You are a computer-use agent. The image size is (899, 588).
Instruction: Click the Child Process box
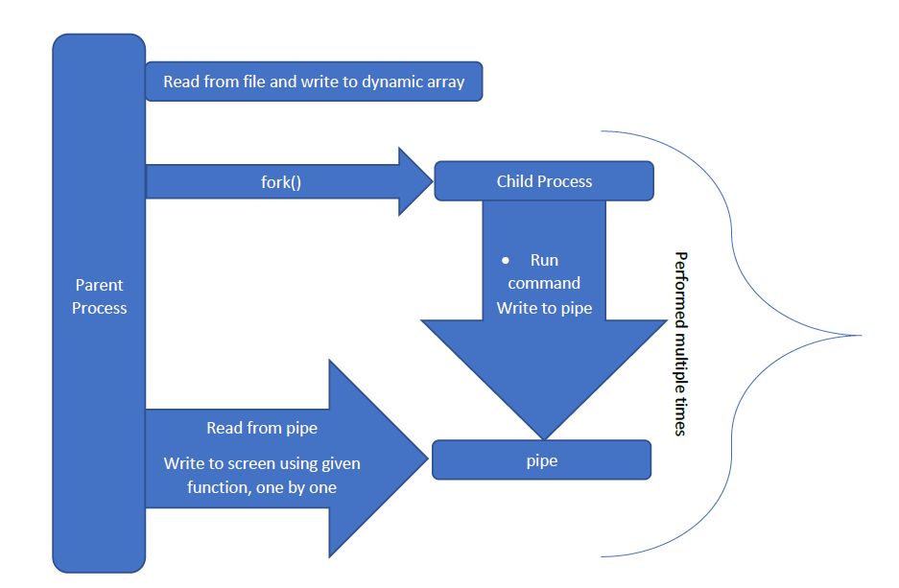[x=544, y=181]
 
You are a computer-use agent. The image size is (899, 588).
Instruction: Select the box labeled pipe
[x=542, y=460]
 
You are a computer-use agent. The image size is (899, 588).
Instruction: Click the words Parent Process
[x=100, y=296]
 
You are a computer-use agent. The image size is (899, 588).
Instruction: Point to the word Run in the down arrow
[x=544, y=260]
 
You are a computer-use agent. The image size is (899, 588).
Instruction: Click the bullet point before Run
[x=506, y=261]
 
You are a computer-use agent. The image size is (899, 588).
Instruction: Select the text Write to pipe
[x=544, y=308]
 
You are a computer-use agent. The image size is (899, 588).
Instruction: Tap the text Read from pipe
[x=262, y=428]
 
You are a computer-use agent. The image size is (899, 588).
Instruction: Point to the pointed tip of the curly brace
[x=860, y=336]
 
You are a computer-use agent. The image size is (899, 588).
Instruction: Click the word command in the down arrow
[x=544, y=283]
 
